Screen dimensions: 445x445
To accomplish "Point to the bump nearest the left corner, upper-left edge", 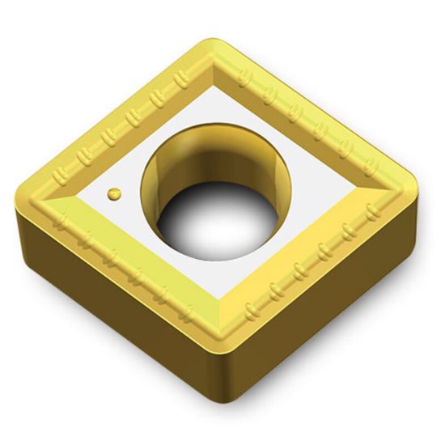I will pyautogui.click(x=58, y=175).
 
